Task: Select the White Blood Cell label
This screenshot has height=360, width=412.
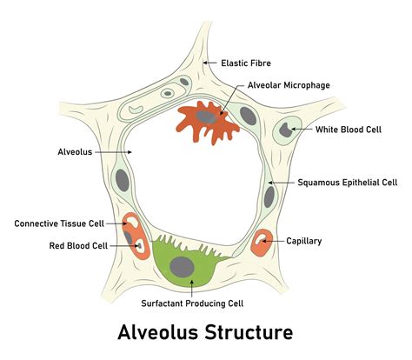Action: pos(349,129)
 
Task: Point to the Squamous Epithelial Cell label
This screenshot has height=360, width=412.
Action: pos(347,183)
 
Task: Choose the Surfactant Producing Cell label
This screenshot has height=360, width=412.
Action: pos(192,303)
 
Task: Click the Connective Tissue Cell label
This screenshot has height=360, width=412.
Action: pos(59,223)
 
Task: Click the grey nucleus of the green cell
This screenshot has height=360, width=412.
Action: pos(182,267)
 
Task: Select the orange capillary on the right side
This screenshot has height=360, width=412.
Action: pos(262,243)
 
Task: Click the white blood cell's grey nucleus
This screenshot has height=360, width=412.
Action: pos(285,132)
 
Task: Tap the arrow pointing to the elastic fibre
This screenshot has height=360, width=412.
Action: pos(209,63)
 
